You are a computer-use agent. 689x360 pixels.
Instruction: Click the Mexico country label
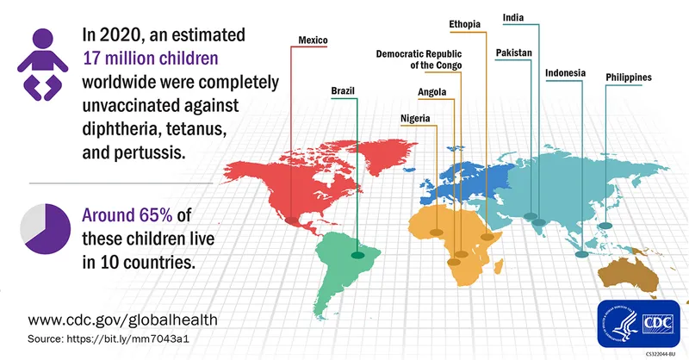(313, 40)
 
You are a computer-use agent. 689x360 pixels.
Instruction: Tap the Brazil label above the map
(343, 90)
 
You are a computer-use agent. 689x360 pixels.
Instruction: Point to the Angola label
(431, 91)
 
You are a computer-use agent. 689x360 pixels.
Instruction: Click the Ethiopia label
(465, 22)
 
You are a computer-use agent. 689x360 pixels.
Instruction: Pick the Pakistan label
(514, 53)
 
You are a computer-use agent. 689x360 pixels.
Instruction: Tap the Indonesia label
(565, 72)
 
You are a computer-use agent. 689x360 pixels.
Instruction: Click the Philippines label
(628, 78)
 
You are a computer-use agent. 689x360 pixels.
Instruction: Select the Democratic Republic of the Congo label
(419, 59)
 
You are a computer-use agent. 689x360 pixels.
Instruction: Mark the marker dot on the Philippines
(605, 226)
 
